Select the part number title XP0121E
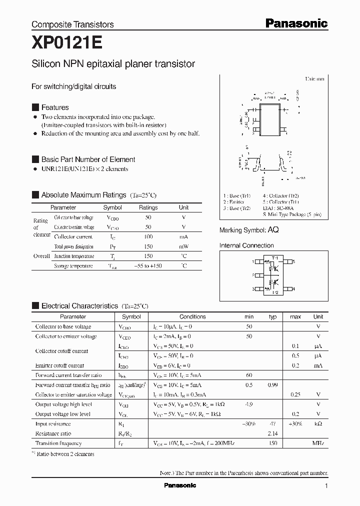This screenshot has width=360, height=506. (x=66, y=43)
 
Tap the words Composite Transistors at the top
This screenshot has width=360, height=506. (x=72, y=24)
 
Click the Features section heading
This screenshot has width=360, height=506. (x=55, y=107)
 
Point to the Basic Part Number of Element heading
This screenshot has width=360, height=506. (x=88, y=159)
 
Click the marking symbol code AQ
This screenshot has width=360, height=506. (x=273, y=230)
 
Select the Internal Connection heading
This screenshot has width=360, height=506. (x=246, y=245)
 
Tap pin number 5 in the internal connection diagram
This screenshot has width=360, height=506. (x=294, y=261)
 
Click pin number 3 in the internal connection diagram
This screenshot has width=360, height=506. (x=253, y=289)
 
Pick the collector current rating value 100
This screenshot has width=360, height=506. (x=148, y=237)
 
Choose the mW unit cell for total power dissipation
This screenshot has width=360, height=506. (x=183, y=246)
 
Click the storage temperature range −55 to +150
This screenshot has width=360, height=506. (x=148, y=266)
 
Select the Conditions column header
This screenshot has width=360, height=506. (x=192, y=316)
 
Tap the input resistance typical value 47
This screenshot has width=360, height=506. (x=272, y=423)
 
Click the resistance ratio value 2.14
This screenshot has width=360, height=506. (x=272, y=433)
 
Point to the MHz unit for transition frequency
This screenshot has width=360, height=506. (x=318, y=443)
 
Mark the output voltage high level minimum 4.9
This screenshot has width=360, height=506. (x=248, y=404)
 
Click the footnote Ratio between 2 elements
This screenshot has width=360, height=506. (x=65, y=454)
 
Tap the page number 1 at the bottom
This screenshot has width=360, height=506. (x=326, y=485)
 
